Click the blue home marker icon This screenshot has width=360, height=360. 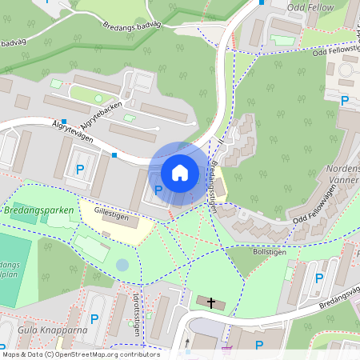pos(179,172)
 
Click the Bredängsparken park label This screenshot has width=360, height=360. pos(38,210)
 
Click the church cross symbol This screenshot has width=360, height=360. pos(211,302)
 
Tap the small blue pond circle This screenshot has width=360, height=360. pos(122,264)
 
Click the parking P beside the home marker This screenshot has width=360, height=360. pos(158,190)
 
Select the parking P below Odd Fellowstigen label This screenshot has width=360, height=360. pos(345,100)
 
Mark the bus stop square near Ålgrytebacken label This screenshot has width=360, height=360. pos(62,121)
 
